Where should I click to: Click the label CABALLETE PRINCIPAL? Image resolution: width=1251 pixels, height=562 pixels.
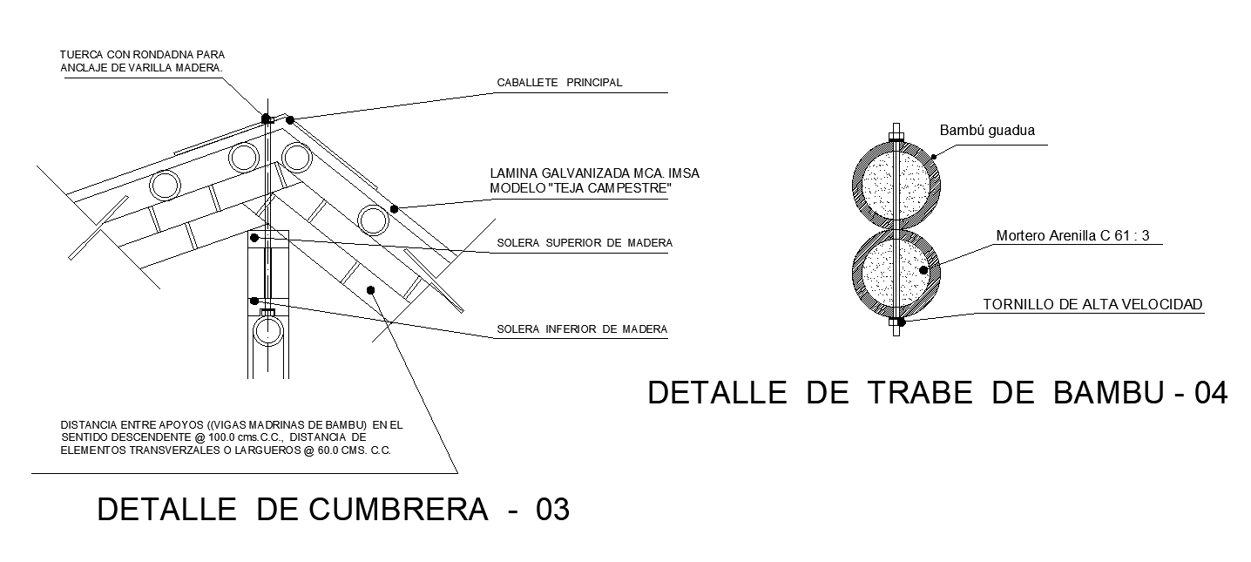(x=559, y=83)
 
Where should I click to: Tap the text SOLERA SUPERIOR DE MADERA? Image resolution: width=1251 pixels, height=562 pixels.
(x=584, y=243)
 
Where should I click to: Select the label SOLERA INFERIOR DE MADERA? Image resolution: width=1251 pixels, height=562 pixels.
(x=581, y=329)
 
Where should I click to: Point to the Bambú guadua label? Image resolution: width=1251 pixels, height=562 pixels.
(x=986, y=131)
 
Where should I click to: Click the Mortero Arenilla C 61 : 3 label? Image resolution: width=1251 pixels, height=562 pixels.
(x=1078, y=235)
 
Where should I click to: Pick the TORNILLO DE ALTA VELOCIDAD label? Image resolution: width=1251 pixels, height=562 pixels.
(x=1092, y=304)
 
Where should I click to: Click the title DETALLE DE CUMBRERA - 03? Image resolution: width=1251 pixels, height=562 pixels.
(x=334, y=510)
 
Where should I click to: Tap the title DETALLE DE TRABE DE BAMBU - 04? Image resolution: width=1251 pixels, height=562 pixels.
(x=937, y=394)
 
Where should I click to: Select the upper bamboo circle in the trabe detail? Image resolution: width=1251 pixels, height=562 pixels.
(x=896, y=184)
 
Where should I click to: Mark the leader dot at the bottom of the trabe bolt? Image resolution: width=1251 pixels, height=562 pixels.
(x=902, y=322)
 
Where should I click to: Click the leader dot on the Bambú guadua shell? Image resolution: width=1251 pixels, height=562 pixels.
(x=933, y=157)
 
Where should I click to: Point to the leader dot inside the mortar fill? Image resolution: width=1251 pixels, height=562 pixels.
(x=923, y=271)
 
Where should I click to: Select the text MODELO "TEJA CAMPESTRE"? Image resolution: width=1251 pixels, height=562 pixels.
(x=581, y=188)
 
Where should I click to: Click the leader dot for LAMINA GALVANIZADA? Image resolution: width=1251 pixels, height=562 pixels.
(x=394, y=208)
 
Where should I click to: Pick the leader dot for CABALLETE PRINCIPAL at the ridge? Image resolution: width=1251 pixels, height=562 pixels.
(x=290, y=118)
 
